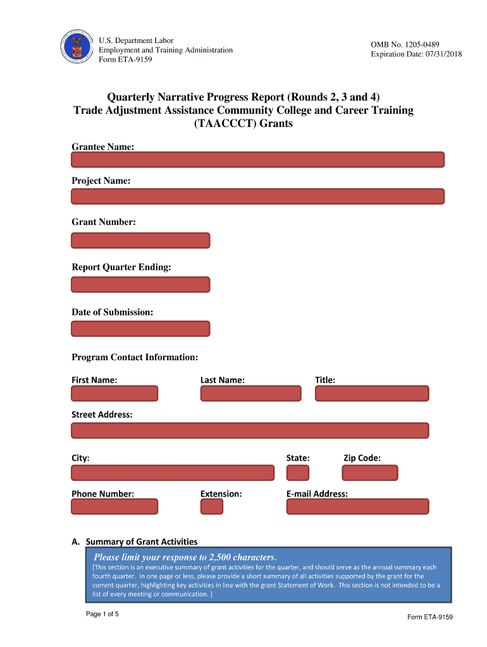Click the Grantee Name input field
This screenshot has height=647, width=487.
point(257,159)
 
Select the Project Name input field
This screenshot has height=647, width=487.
point(257,196)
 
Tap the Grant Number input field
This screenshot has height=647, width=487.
point(140,240)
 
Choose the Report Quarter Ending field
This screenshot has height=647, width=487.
point(140,284)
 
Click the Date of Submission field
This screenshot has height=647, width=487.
point(140,329)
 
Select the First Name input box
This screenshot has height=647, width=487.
point(114,393)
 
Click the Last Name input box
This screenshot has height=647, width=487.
point(251,393)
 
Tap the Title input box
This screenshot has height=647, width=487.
point(372,393)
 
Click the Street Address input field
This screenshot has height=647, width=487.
point(250,430)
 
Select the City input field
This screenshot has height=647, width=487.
point(173,473)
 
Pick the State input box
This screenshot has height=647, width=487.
point(298,473)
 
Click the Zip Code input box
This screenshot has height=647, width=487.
point(370,473)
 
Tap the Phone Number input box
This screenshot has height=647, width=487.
point(114,506)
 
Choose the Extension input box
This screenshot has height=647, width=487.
point(212,506)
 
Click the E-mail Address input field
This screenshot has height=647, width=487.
point(357,506)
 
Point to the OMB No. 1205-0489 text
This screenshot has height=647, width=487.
point(405,44)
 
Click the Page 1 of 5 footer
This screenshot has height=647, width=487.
point(102,614)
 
